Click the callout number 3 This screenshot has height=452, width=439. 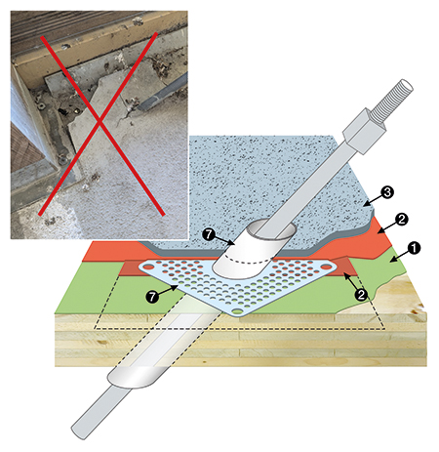point(387,192)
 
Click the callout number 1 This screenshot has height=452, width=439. point(415,248)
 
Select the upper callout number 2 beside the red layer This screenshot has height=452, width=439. point(402,219)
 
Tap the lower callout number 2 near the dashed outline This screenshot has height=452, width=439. point(361,295)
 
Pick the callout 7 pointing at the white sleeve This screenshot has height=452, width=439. point(208,234)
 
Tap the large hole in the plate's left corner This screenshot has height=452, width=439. point(148,267)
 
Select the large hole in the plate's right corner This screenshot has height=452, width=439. point(326,267)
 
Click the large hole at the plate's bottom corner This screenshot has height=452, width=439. point(238,311)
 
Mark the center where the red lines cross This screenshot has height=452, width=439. point(100,122)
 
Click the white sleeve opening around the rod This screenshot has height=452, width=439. point(271,230)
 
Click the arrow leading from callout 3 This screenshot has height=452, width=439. point(372,200)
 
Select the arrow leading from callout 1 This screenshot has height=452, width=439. point(399,256)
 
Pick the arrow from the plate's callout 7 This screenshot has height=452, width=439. point(168,291)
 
